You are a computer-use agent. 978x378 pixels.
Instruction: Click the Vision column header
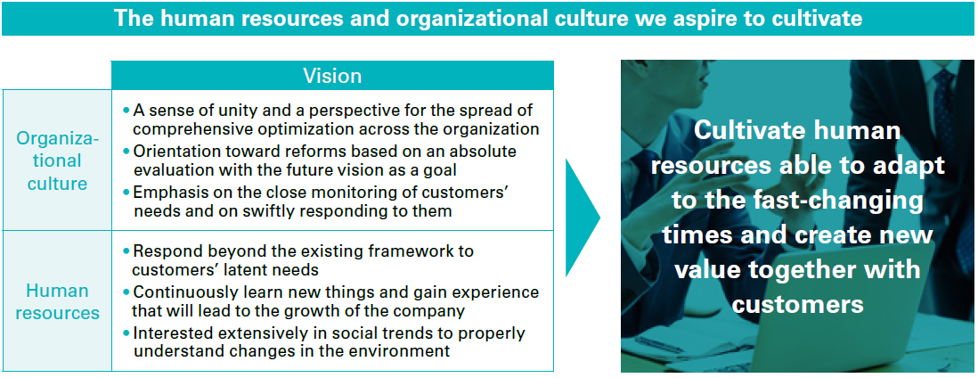click(332, 76)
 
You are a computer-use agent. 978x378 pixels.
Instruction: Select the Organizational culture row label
click(57, 160)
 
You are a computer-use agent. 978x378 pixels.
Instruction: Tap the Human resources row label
click(57, 301)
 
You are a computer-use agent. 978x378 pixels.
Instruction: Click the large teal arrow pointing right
click(583, 218)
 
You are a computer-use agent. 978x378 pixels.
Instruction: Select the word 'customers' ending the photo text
click(798, 304)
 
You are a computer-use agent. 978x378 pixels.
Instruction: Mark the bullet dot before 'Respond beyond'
click(126, 251)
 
